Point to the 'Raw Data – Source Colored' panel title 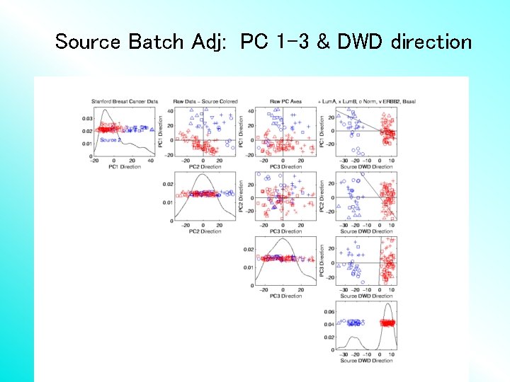(205, 102)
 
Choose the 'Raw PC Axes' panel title (285, 102)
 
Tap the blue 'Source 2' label (110, 140)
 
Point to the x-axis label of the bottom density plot (366, 361)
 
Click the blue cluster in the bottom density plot (352, 323)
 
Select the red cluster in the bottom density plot (387, 323)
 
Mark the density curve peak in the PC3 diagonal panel (283, 239)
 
